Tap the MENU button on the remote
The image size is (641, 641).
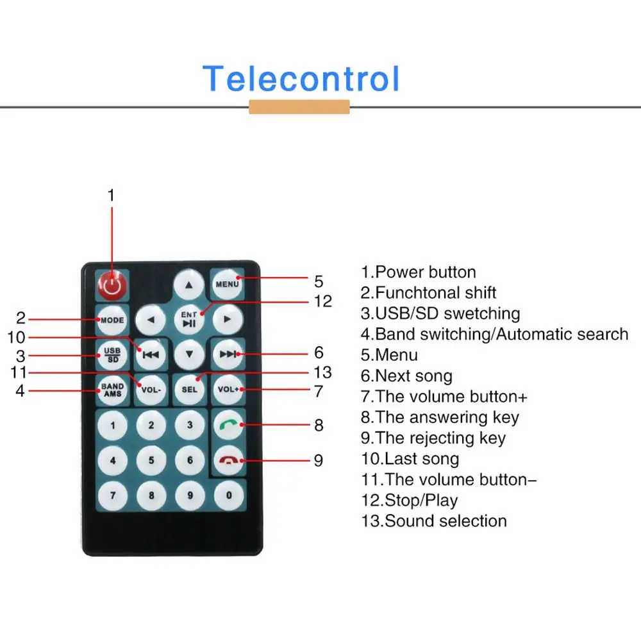coord(227,284)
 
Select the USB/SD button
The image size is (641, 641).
coord(112,354)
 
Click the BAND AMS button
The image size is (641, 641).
coord(112,390)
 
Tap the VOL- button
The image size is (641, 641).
coord(151,390)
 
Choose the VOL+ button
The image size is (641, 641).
coord(228,390)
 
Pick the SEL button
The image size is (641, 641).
coord(189,390)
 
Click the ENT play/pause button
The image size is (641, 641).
coord(189,319)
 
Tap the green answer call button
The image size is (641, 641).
coord(228,424)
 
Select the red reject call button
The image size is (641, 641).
coord(228,460)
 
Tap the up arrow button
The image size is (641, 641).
coord(189,284)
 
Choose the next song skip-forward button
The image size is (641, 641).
coord(228,354)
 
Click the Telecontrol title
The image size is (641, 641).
coord(301,79)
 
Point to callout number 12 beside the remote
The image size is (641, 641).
coord(323,301)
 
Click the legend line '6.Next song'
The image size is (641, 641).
coord(406,376)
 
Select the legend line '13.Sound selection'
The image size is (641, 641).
coord(434,520)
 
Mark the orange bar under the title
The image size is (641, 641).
coord(299,107)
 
